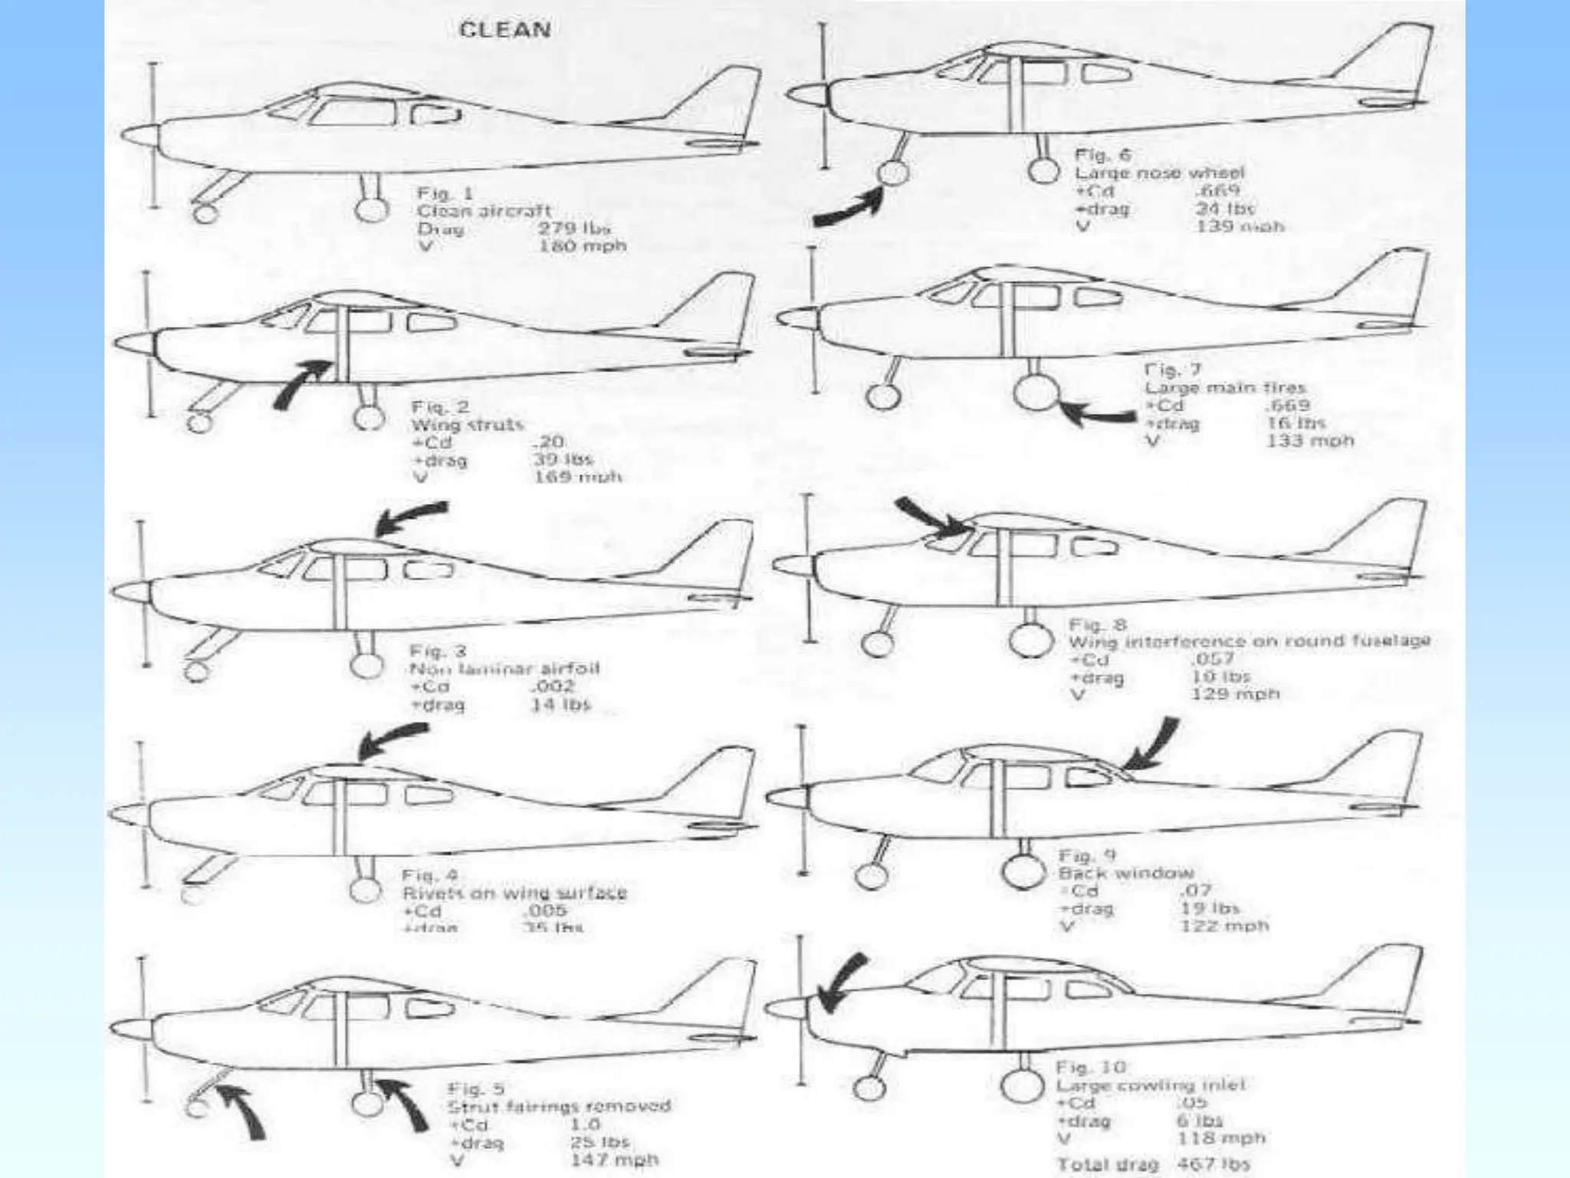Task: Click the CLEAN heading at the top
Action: click(x=504, y=30)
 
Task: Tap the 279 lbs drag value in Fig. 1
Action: click(x=574, y=229)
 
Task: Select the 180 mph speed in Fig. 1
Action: click(x=583, y=246)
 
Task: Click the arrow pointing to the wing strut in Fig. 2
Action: click(x=302, y=382)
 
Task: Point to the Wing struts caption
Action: click(x=468, y=425)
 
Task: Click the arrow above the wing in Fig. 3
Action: click(x=409, y=518)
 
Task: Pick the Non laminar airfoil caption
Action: click(x=504, y=669)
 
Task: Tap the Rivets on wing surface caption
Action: click(x=514, y=893)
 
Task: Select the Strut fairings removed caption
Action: click(x=559, y=1106)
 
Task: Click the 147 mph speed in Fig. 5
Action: click(x=614, y=1160)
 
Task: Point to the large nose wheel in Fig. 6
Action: click(x=892, y=173)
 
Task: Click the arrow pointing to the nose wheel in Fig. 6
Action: click(x=847, y=209)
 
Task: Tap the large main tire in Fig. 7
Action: click(x=1035, y=393)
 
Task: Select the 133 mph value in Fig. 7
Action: click(x=1310, y=441)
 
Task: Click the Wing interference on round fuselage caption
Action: click(x=1249, y=641)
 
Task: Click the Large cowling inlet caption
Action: click(x=1151, y=1085)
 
